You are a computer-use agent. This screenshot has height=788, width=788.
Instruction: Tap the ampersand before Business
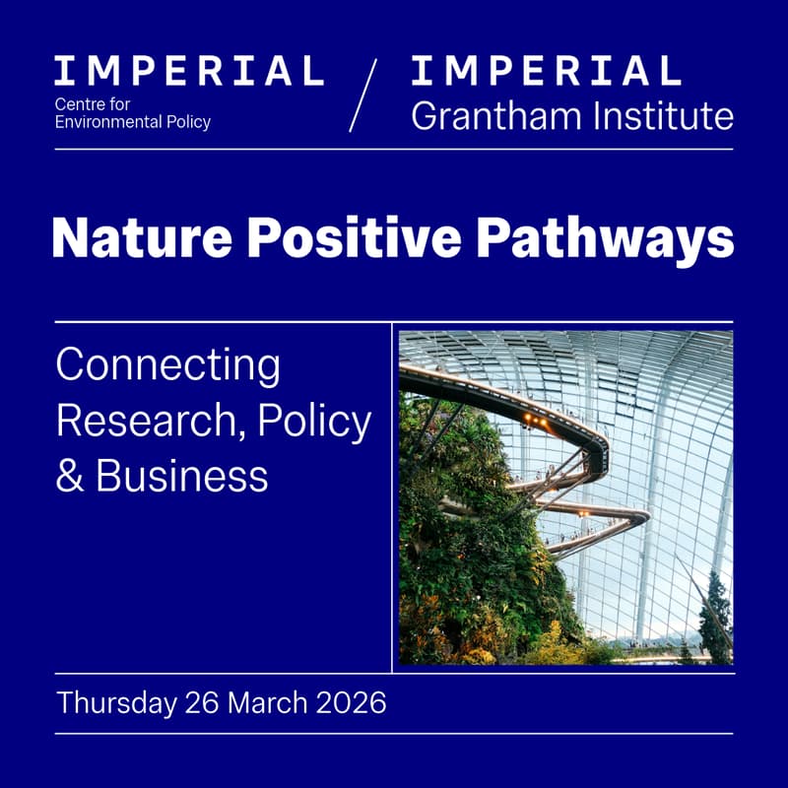69,476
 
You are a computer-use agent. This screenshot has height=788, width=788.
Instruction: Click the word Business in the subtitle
182,476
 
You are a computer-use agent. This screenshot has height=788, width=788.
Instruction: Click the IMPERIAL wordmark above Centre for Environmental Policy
188,71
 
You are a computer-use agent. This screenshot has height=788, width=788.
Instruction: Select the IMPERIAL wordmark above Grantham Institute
546,71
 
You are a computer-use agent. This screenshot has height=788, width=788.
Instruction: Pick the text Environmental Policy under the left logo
133,123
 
